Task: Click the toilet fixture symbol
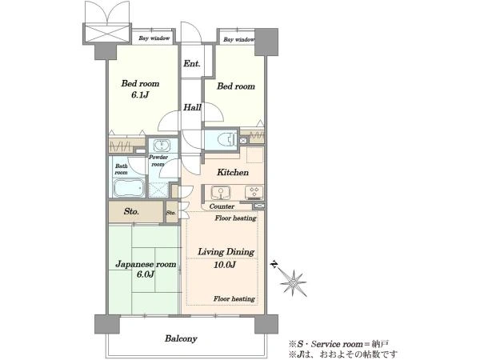(x=227, y=139)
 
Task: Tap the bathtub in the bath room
(x=129, y=187)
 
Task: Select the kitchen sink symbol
(x=221, y=192)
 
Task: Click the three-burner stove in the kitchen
(x=254, y=192)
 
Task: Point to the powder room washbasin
(x=162, y=145)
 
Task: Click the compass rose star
(x=293, y=283)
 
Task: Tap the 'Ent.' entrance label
(x=192, y=64)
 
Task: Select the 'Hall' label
(x=192, y=107)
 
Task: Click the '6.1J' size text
(x=140, y=95)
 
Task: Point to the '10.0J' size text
(x=225, y=265)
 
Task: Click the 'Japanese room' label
(x=146, y=264)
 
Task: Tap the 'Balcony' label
(x=181, y=338)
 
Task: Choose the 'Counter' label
(x=222, y=206)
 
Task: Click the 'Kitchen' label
(x=233, y=172)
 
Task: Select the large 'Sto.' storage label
(x=131, y=211)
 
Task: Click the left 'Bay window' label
(x=154, y=38)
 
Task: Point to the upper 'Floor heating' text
(x=235, y=218)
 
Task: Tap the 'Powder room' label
(x=158, y=161)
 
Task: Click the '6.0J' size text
(x=146, y=274)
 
